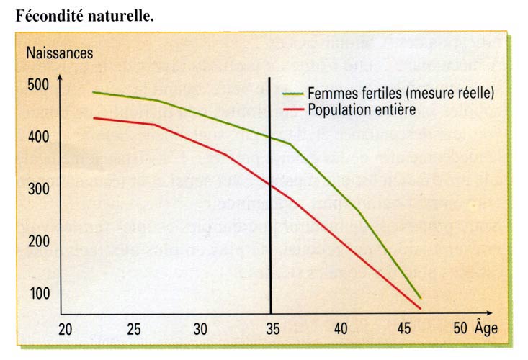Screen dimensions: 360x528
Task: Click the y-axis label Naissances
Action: click(60, 52)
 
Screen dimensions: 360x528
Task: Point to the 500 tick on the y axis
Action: click(39, 84)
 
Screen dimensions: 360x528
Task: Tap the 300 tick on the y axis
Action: click(39, 189)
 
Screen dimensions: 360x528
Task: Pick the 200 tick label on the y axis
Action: click(39, 241)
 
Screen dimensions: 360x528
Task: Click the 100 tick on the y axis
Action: click(39, 294)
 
